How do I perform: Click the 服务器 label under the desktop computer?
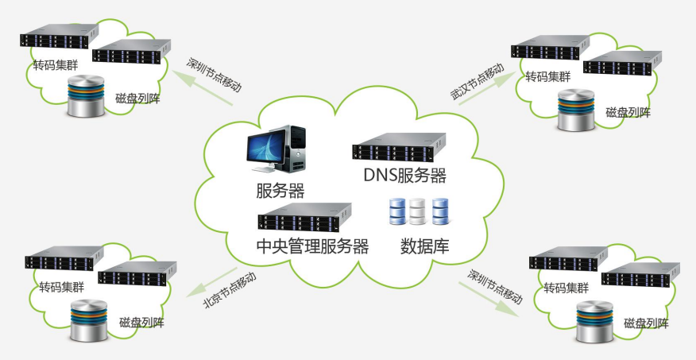click(x=280, y=191)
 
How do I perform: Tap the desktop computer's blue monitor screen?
click(x=266, y=146)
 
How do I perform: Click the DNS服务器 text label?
click(x=404, y=176)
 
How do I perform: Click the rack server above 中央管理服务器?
click(x=304, y=216)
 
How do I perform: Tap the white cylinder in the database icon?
click(x=419, y=210)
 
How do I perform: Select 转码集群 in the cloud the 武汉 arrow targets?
click(x=547, y=77)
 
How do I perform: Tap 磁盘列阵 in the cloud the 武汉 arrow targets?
click(x=628, y=112)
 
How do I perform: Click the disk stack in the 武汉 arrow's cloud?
click(x=576, y=109)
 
